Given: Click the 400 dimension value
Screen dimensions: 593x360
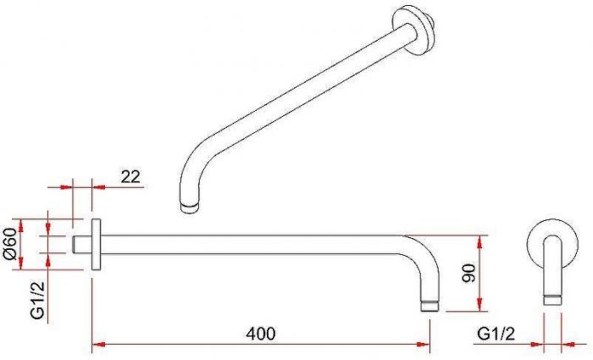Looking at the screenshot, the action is (x=261, y=334).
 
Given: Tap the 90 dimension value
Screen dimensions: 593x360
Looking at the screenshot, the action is (x=468, y=273).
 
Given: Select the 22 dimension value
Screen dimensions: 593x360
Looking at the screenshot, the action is (x=130, y=176).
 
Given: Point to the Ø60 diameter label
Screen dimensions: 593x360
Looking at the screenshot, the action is (x=10, y=244).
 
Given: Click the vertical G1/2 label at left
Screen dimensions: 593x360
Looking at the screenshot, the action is (x=37, y=300).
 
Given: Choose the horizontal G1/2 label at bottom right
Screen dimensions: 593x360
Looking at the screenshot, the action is (x=496, y=334).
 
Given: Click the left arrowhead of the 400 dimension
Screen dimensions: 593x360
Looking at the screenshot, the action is (x=98, y=344).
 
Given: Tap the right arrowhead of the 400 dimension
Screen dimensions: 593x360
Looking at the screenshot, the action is (x=424, y=344).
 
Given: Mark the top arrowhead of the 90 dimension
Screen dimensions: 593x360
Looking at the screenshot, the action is (x=479, y=241).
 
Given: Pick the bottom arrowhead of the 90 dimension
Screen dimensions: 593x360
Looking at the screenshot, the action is (x=479, y=305).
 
